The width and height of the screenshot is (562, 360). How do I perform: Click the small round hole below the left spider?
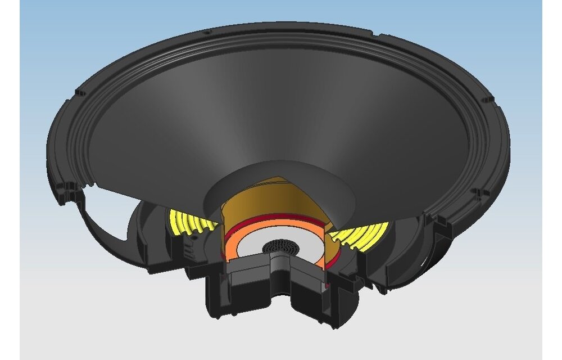[194, 239]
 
